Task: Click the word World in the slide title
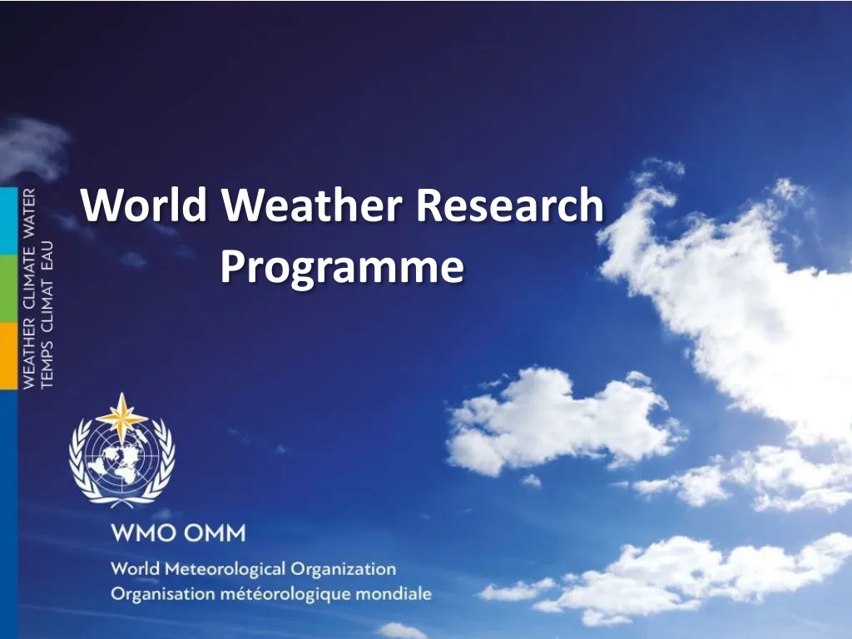[x=144, y=205]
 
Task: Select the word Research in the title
[x=510, y=205]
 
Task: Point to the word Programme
[x=341, y=267]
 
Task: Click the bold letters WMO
[x=142, y=533]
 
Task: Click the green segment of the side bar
[x=8, y=288]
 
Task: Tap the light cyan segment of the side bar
[x=8, y=220]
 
